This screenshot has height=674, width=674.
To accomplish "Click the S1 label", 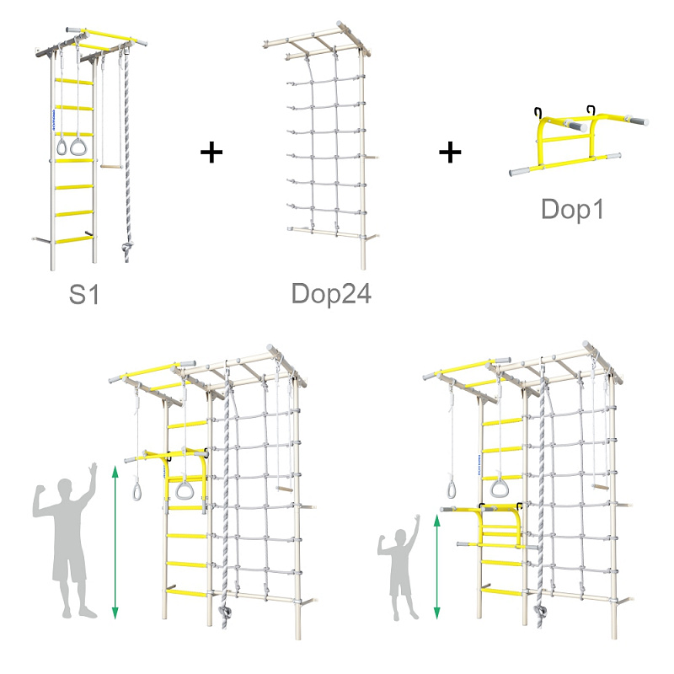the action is pos(84,294).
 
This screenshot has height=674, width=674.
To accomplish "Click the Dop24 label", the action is pos(331,293).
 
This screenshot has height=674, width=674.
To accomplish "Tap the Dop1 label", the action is pos(573,209).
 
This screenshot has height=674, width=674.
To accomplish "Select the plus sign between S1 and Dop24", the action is pos(211,152).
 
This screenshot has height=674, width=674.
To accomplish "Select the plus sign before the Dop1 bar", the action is pos(450,152).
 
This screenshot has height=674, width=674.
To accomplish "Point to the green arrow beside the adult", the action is pos(115,543).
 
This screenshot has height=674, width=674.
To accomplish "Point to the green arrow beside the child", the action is pos(436,567).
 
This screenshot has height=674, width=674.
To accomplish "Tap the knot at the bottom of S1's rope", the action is pos(127,247).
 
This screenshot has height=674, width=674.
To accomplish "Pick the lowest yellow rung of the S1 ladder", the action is pos(73,240).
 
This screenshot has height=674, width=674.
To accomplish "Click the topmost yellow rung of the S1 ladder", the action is pos(73,81).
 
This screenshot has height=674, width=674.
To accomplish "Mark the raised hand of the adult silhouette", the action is pos(93,468).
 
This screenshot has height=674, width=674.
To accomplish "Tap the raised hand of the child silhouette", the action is pos(416,518).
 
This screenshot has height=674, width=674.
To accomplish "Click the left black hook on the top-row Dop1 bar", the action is pos(538,113).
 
